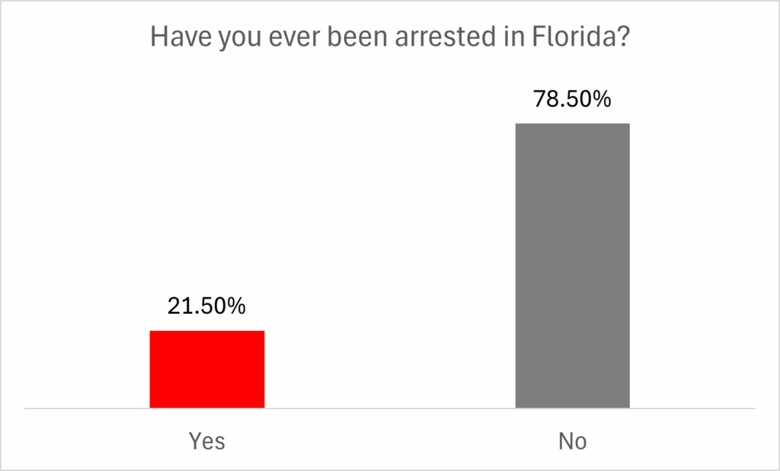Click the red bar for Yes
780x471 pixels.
[206, 370]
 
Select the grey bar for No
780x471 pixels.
[572, 265]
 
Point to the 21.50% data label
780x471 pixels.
[206, 306]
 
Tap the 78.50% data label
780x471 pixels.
[572, 99]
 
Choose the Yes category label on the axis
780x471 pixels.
[206, 441]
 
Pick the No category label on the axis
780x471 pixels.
[572, 441]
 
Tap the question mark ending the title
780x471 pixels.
[623, 37]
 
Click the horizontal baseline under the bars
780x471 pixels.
[390, 409]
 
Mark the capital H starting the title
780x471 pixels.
[158, 37]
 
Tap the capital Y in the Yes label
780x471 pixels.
[193, 441]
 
